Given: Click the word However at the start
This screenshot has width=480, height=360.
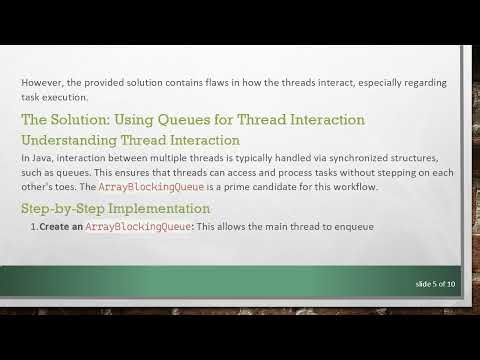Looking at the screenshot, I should click(42, 81).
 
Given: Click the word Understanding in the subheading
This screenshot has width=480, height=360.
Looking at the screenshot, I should click(66, 140).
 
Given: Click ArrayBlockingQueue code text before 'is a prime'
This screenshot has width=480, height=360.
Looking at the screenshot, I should click(148, 187).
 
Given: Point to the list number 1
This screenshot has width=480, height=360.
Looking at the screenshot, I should click(33, 227).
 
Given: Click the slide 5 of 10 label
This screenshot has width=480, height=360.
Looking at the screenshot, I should click(435, 285).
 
